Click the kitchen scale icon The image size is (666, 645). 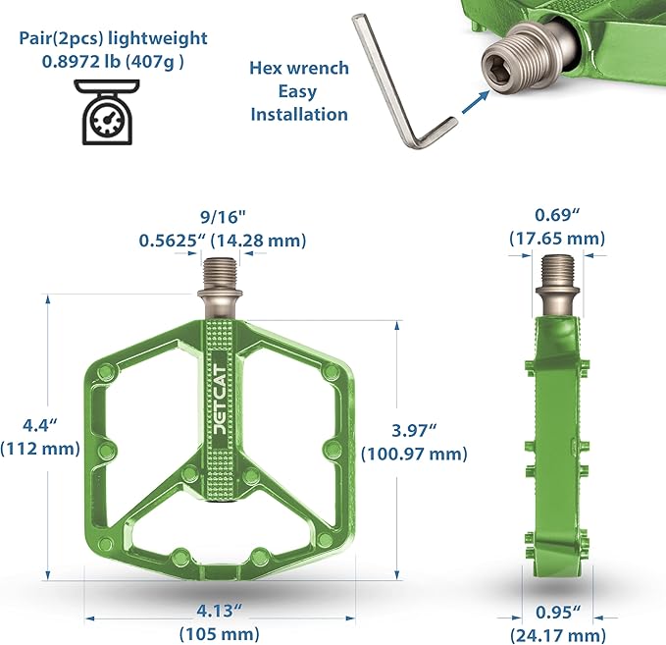107,112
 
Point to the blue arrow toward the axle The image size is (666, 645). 475,102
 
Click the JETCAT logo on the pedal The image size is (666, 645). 220,399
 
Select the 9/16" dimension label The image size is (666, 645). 223,217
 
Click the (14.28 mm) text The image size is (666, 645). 258,241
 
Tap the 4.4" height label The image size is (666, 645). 40,425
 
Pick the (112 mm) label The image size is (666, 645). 40,448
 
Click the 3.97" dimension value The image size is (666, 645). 414,430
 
